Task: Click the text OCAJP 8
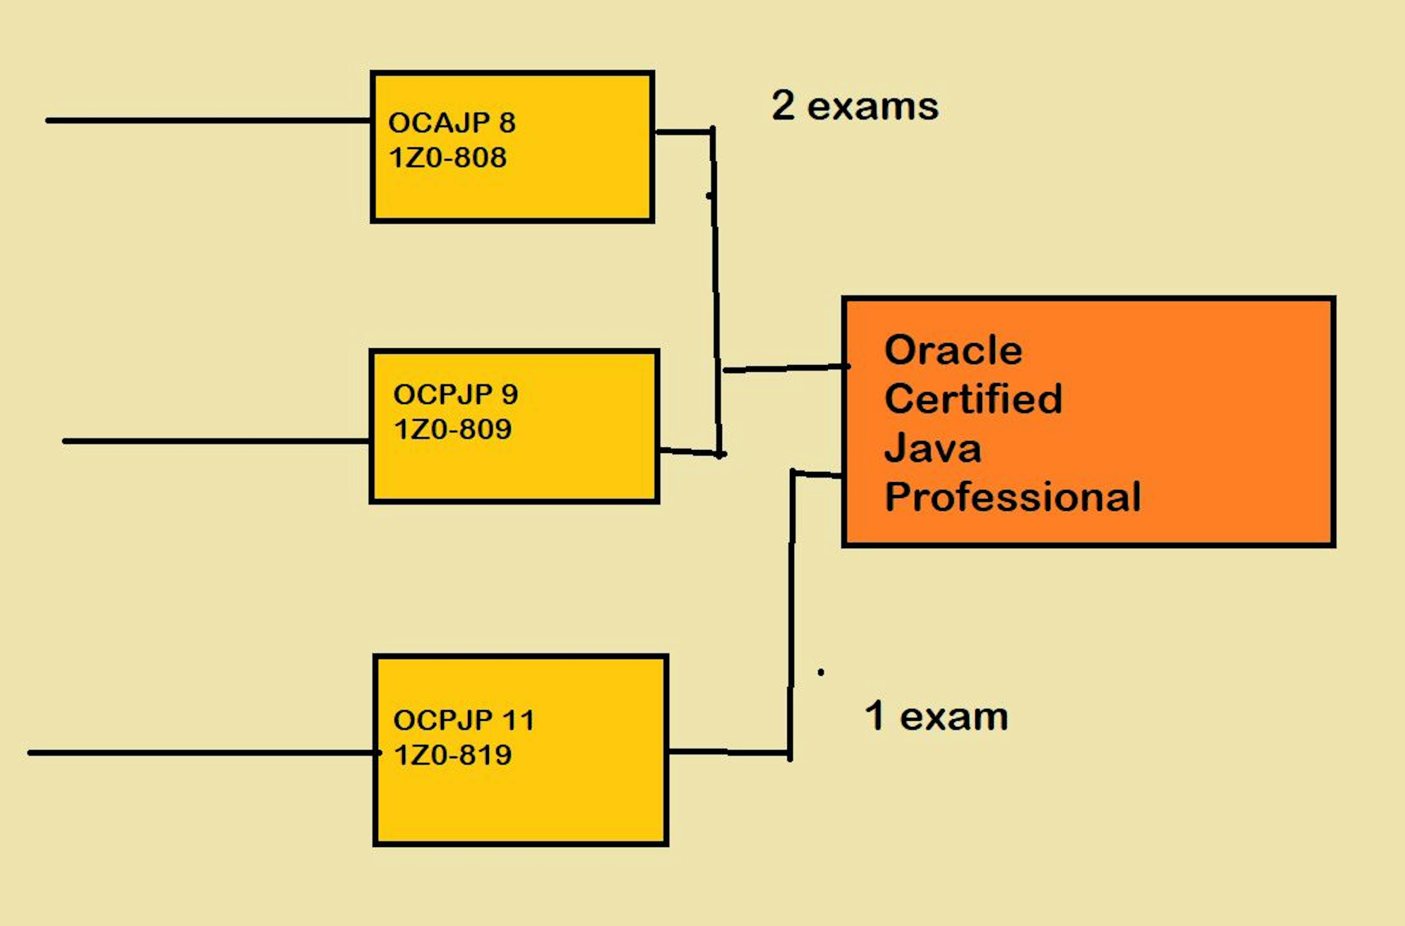[x=452, y=123]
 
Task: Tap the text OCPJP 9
[x=455, y=394]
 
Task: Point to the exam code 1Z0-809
[x=452, y=429]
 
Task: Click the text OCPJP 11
[x=464, y=720]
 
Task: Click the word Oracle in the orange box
[x=953, y=350]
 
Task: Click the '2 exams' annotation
[x=855, y=106]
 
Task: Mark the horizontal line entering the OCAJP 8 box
[x=207, y=120]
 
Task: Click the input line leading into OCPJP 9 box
[x=216, y=441]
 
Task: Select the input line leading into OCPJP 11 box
[x=201, y=753]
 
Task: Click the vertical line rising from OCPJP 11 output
[x=791, y=614]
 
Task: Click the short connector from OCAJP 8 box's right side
[x=683, y=132]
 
